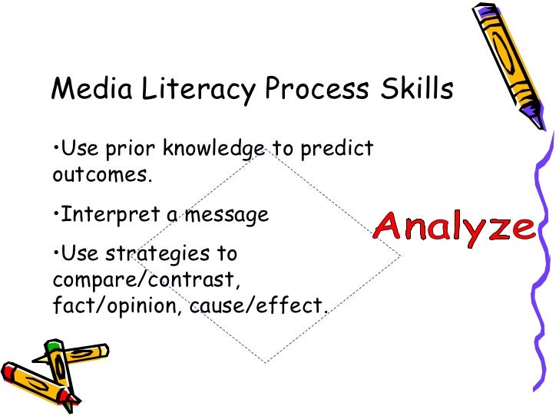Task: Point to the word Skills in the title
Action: [418, 90]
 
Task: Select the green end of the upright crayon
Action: [51, 345]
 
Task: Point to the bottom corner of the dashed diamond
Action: [266, 362]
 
